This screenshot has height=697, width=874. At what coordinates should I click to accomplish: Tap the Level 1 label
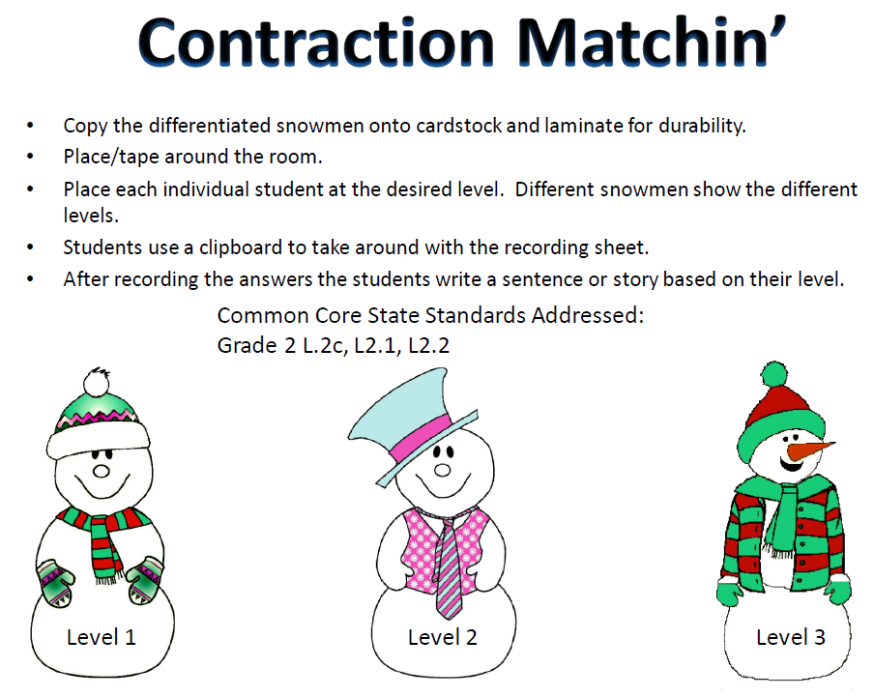102,637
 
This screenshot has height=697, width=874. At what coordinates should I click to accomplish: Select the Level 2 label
443,637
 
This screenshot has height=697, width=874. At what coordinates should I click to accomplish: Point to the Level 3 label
791,637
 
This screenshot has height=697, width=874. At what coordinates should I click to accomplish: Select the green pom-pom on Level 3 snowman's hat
773,375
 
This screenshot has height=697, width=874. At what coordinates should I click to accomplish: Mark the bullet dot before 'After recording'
33,279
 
